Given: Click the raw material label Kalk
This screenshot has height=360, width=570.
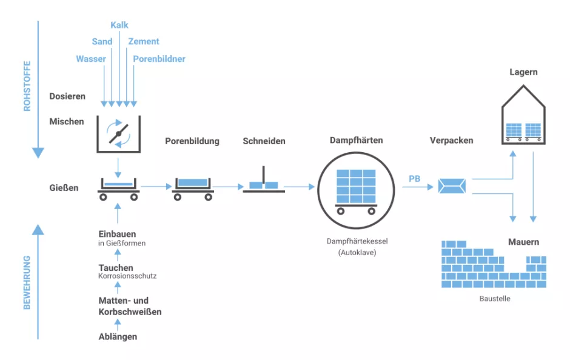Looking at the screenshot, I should point(119,25).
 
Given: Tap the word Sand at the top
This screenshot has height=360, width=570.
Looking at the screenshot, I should point(102,41).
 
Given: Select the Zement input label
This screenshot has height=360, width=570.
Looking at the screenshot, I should point(144,41).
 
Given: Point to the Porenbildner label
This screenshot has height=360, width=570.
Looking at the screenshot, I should point(159,59).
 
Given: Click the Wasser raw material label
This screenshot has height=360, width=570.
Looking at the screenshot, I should point(91,59).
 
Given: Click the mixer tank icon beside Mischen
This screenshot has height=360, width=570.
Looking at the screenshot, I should point(118,133).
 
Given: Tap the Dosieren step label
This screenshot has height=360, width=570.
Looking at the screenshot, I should point(67,96).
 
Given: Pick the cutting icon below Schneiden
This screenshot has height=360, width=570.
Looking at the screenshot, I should point(264,183).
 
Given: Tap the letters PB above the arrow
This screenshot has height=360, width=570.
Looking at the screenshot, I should point(415,179).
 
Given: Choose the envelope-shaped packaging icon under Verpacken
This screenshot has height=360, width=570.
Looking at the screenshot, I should point(452,186).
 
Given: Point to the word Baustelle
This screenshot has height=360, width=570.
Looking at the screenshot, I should point(494,299).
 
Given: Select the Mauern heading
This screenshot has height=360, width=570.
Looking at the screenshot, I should point(523,242).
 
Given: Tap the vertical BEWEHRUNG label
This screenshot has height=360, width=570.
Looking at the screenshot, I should point(27,282).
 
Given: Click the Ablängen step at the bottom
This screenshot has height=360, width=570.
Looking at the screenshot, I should point(118,336).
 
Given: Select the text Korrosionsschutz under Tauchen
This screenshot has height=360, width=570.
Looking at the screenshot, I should point(127,276).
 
